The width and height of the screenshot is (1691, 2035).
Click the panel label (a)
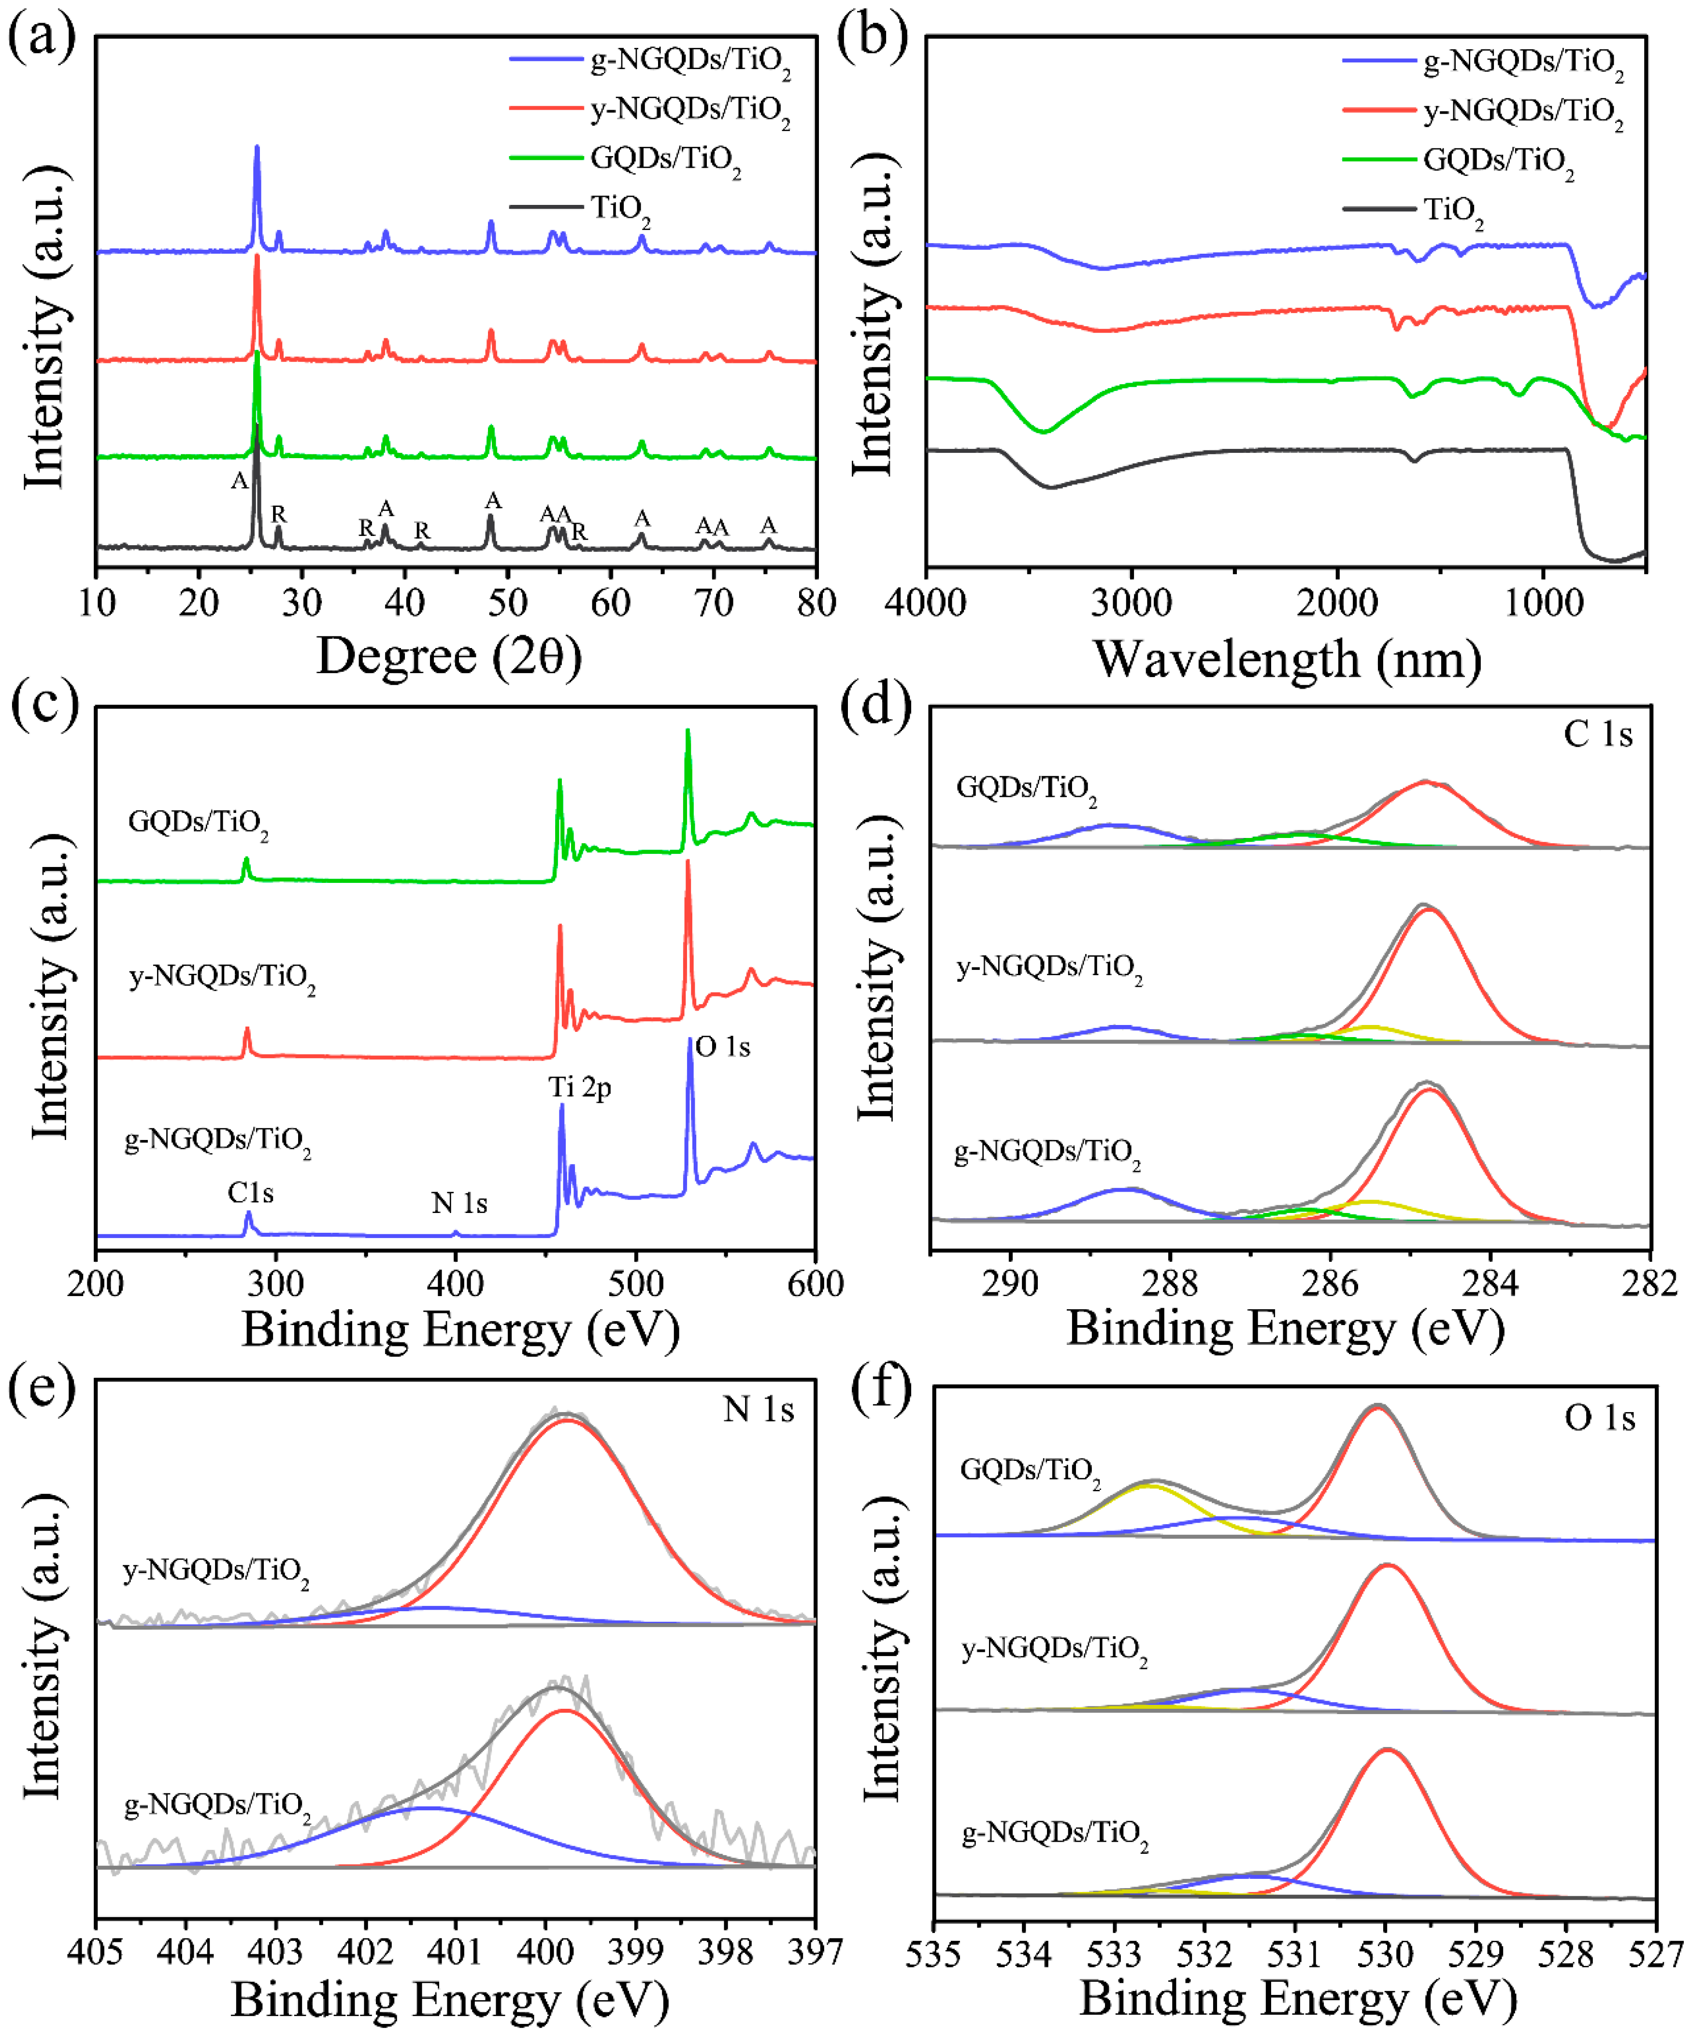tap(41, 39)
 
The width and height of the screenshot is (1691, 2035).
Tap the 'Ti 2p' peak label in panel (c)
tap(579, 1087)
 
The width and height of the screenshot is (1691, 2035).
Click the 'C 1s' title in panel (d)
tap(1597, 735)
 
